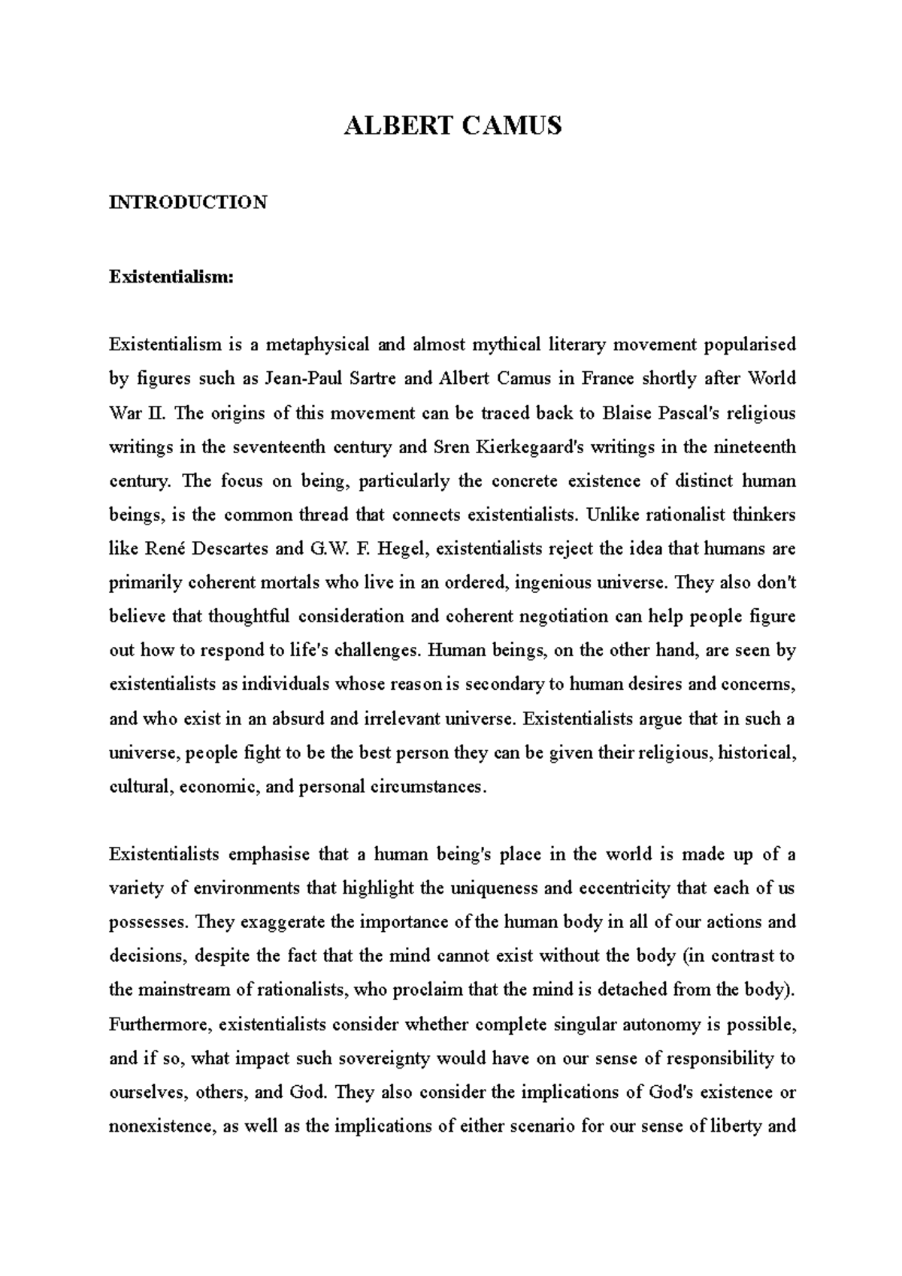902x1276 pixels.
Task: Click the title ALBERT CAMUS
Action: [x=452, y=125]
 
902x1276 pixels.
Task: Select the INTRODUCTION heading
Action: [x=188, y=202]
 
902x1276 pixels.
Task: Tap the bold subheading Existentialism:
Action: [x=172, y=277]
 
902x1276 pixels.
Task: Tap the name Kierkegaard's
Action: [x=526, y=447]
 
